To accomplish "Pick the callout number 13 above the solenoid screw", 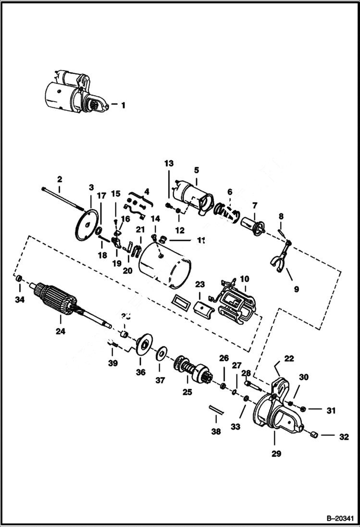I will pyautogui.click(x=169, y=164).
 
